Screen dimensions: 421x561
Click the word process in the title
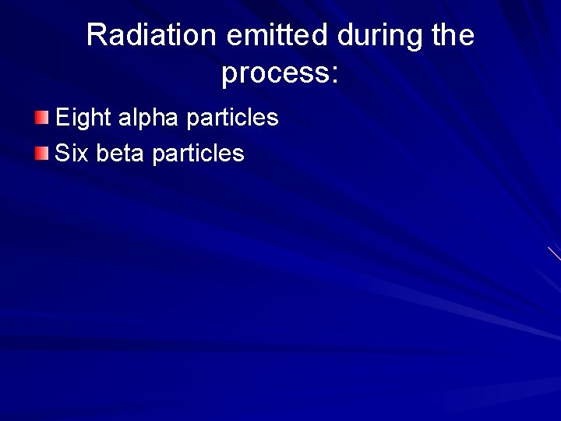(x=274, y=74)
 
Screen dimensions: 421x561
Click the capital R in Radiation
(x=96, y=36)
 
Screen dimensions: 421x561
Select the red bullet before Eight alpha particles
(x=41, y=118)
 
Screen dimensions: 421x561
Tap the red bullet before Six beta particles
(x=41, y=152)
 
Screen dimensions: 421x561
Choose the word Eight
(x=83, y=118)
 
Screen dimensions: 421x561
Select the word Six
(x=72, y=153)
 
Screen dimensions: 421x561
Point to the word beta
(x=121, y=153)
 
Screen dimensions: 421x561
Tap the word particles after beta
(x=198, y=153)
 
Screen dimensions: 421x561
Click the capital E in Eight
(x=62, y=118)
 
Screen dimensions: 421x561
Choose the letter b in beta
(x=103, y=153)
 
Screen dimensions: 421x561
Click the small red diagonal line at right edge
(x=554, y=253)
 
